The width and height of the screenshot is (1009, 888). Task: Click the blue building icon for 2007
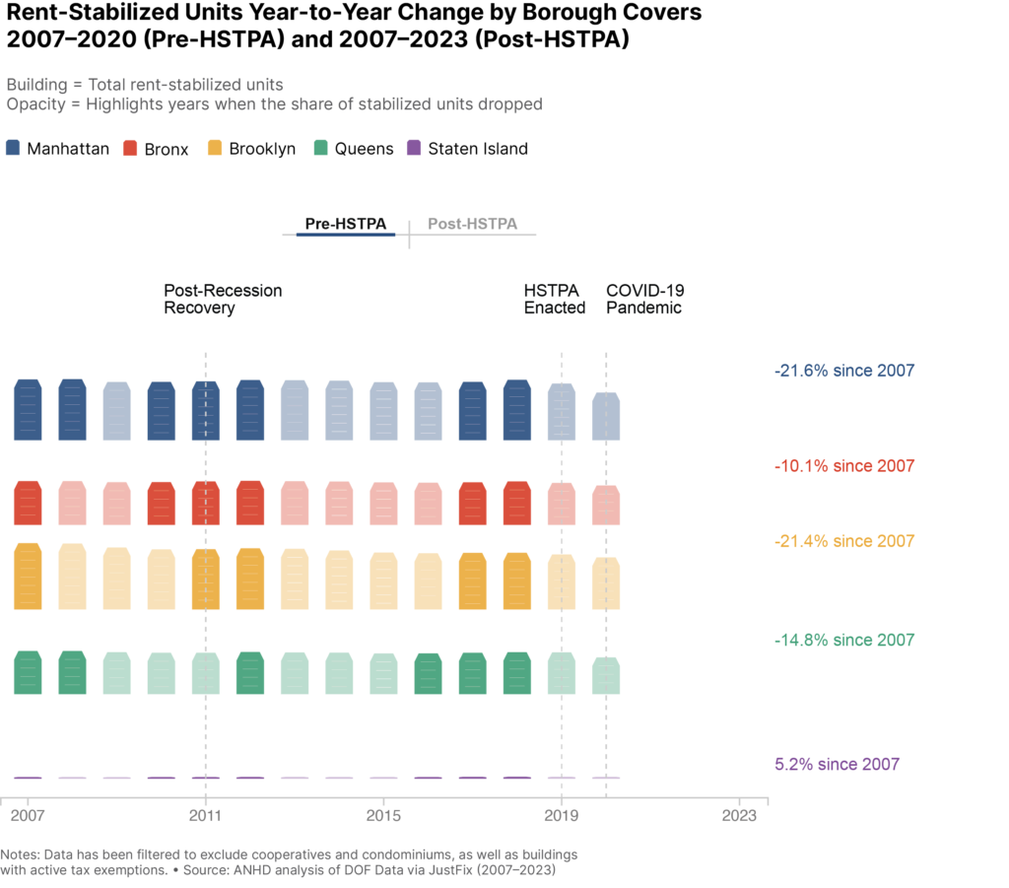pos(28,410)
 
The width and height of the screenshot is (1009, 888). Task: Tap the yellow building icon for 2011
pos(205,581)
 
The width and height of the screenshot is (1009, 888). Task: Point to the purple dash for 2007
pos(28,778)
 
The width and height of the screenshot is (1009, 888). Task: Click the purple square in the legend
pos(414,148)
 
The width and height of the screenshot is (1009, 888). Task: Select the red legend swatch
pos(130,148)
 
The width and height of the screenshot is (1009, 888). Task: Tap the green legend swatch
pos(320,148)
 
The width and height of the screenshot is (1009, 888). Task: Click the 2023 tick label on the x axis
pos(739,816)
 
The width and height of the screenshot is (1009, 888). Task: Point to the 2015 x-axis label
pos(383,816)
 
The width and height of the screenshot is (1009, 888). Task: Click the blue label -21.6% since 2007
pos(844,372)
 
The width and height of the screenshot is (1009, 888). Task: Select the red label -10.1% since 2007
pos(844,466)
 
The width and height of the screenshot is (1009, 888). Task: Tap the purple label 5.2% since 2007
pos(838,764)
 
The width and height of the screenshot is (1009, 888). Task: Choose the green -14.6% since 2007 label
pos(844,641)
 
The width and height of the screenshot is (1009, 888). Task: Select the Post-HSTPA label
pos(472,224)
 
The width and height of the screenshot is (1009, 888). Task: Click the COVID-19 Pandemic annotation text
pos(644,299)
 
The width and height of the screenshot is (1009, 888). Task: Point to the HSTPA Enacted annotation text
pos(554,299)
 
